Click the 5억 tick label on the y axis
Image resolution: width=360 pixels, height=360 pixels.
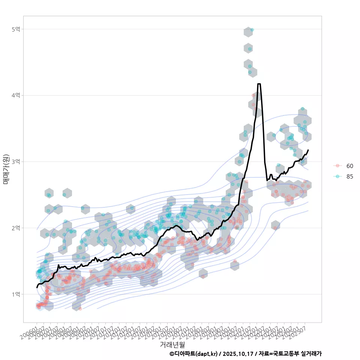[16, 29]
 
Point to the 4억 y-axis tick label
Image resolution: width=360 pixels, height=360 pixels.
[16, 96]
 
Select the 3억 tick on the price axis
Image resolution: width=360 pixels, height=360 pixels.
[16, 162]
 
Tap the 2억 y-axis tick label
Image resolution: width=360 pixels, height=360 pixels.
[16, 228]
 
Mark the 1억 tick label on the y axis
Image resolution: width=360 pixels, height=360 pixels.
[16, 294]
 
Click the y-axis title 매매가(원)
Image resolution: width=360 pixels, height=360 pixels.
[6, 169]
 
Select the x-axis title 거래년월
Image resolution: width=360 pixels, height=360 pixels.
[172, 344]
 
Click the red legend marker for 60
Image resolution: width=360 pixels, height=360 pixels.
[337, 166]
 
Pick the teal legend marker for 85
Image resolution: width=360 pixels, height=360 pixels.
[337, 177]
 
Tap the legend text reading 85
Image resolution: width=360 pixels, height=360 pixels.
[349, 177]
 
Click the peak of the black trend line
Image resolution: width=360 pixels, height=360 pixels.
[259, 84]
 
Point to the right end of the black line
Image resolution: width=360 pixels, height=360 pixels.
[308, 150]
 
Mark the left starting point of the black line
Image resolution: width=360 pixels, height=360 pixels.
[37, 287]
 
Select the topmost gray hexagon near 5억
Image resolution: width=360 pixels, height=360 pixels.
[248, 32]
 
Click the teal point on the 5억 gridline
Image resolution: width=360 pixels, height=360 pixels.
[252, 30]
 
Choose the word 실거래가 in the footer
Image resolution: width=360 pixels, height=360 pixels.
[312, 354]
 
